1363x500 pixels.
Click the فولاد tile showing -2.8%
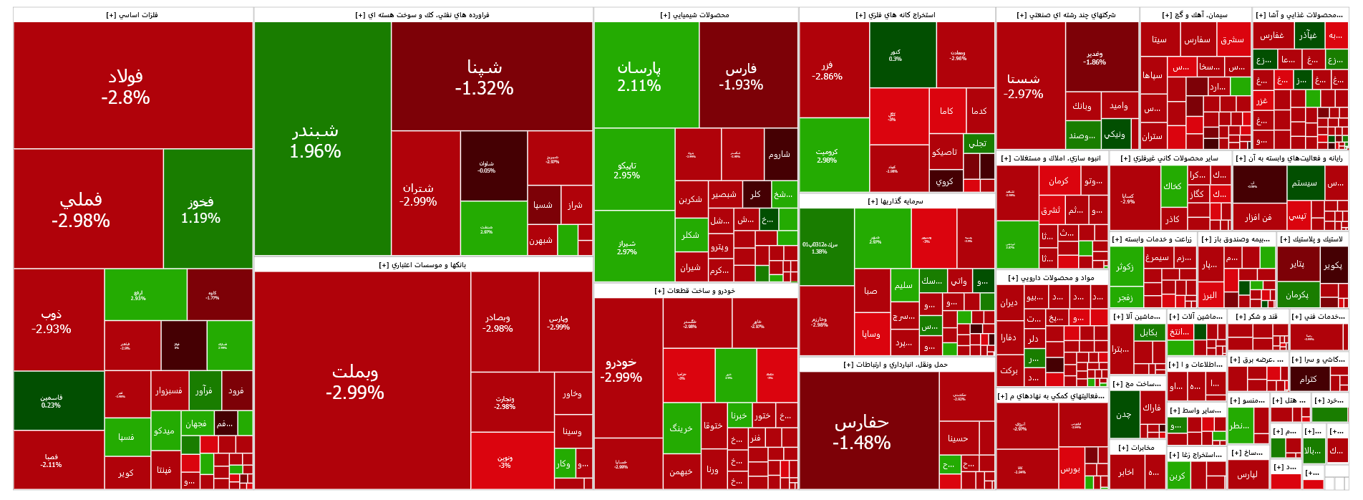(x=126, y=86)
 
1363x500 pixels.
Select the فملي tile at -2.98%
(x=81, y=209)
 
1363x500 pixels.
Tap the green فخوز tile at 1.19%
(x=201, y=209)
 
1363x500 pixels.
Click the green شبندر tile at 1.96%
(x=316, y=140)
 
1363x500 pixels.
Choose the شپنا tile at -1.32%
(x=485, y=77)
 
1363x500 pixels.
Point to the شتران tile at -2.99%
(x=419, y=194)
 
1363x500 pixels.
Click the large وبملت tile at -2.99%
(x=355, y=381)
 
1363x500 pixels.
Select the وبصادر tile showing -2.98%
(x=498, y=322)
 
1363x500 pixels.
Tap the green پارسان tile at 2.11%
(x=639, y=76)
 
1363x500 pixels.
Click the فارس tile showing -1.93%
(x=741, y=76)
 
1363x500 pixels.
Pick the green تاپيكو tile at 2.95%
(x=627, y=170)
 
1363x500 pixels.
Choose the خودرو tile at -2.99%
(x=621, y=369)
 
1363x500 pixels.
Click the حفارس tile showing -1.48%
(x=862, y=432)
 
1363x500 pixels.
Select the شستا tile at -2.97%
(x=1024, y=86)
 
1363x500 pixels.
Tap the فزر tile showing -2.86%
(x=827, y=70)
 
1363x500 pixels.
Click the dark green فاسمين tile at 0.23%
(x=51, y=401)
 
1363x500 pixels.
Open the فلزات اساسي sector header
(x=132, y=15)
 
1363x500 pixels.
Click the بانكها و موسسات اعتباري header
(x=422, y=265)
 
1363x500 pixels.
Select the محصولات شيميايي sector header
(x=695, y=15)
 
